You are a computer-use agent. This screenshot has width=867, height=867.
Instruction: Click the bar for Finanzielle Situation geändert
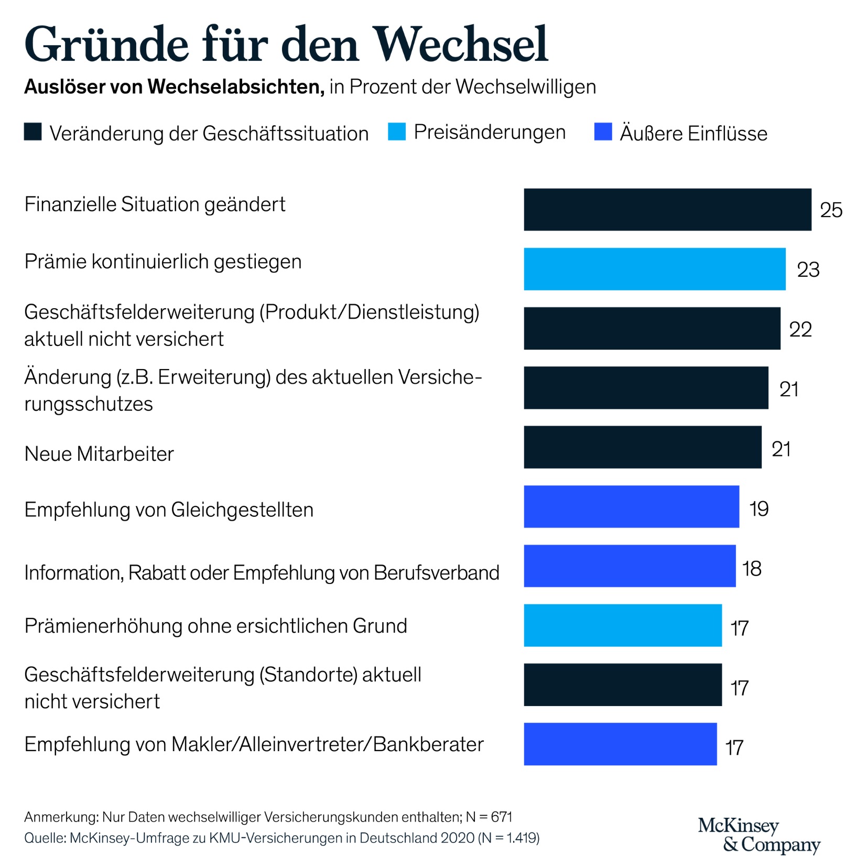click(x=667, y=209)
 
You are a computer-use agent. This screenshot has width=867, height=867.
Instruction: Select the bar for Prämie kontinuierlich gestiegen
click(x=654, y=269)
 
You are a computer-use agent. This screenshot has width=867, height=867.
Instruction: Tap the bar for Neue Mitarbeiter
click(x=642, y=447)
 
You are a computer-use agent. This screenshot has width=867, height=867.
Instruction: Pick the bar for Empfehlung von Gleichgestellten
click(x=631, y=506)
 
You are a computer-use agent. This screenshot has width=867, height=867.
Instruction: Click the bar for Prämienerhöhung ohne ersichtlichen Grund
click(x=622, y=625)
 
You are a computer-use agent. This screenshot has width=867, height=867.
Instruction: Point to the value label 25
click(x=831, y=210)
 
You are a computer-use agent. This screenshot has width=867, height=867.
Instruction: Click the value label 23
click(x=808, y=270)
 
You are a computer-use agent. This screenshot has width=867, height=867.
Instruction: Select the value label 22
click(x=800, y=329)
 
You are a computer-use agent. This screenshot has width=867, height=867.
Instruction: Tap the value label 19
click(x=758, y=508)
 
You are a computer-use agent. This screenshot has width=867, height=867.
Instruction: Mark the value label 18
click(x=752, y=568)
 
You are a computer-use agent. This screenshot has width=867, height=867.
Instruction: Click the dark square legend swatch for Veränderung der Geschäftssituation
click(x=32, y=132)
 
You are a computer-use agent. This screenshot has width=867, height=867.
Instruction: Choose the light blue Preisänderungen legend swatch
click(x=396, y=132)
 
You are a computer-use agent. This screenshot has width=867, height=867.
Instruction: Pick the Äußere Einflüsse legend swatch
click(x=603, y=132)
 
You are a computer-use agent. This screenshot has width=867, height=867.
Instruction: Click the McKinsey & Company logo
click(x=758, y=835)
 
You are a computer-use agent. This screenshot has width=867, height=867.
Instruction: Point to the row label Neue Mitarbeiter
click(x=99, y=453)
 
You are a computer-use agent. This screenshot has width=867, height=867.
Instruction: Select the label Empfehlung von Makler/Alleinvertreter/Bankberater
click(x=254, y=744)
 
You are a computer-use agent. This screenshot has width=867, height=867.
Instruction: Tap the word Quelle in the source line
click(x=45, y=838)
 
